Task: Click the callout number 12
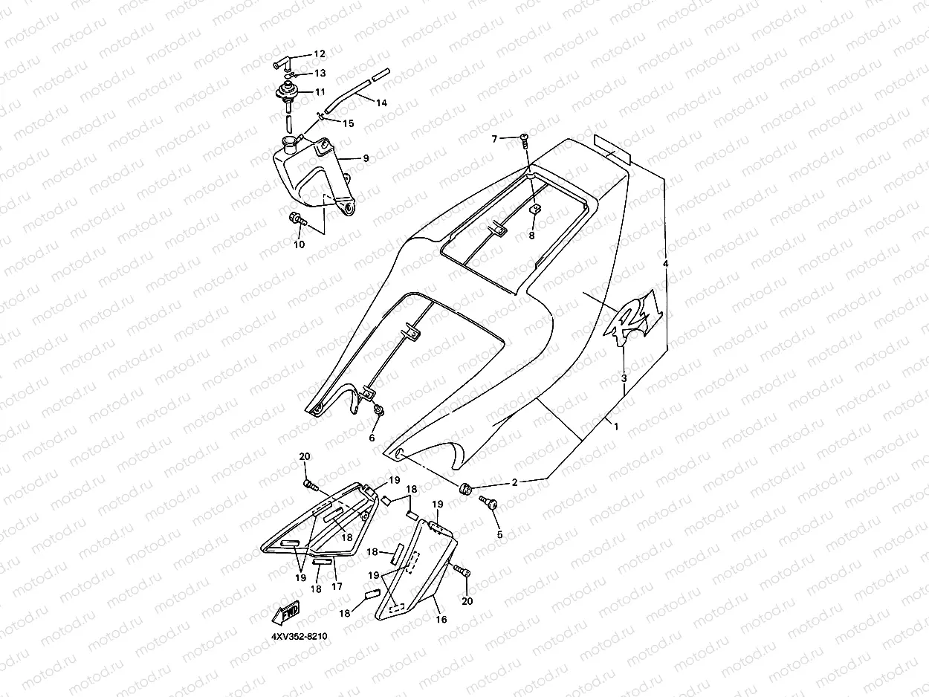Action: (x=320, y=54)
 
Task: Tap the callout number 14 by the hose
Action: (x=381, y=103)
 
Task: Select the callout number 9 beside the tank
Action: (x=366, y=158)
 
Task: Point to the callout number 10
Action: (x=299, y=244)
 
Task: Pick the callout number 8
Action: (x=531, y=236)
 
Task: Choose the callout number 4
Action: (x=666, y=264)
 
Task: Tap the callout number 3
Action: (x=624, y=378)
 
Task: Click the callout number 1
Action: (x=615, y=425)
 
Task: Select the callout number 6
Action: (x=372, y=438)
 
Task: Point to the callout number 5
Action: (x=499, y=534)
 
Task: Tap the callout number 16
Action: (x=441, y=619)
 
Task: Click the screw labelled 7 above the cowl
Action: (x=525, y=137)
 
